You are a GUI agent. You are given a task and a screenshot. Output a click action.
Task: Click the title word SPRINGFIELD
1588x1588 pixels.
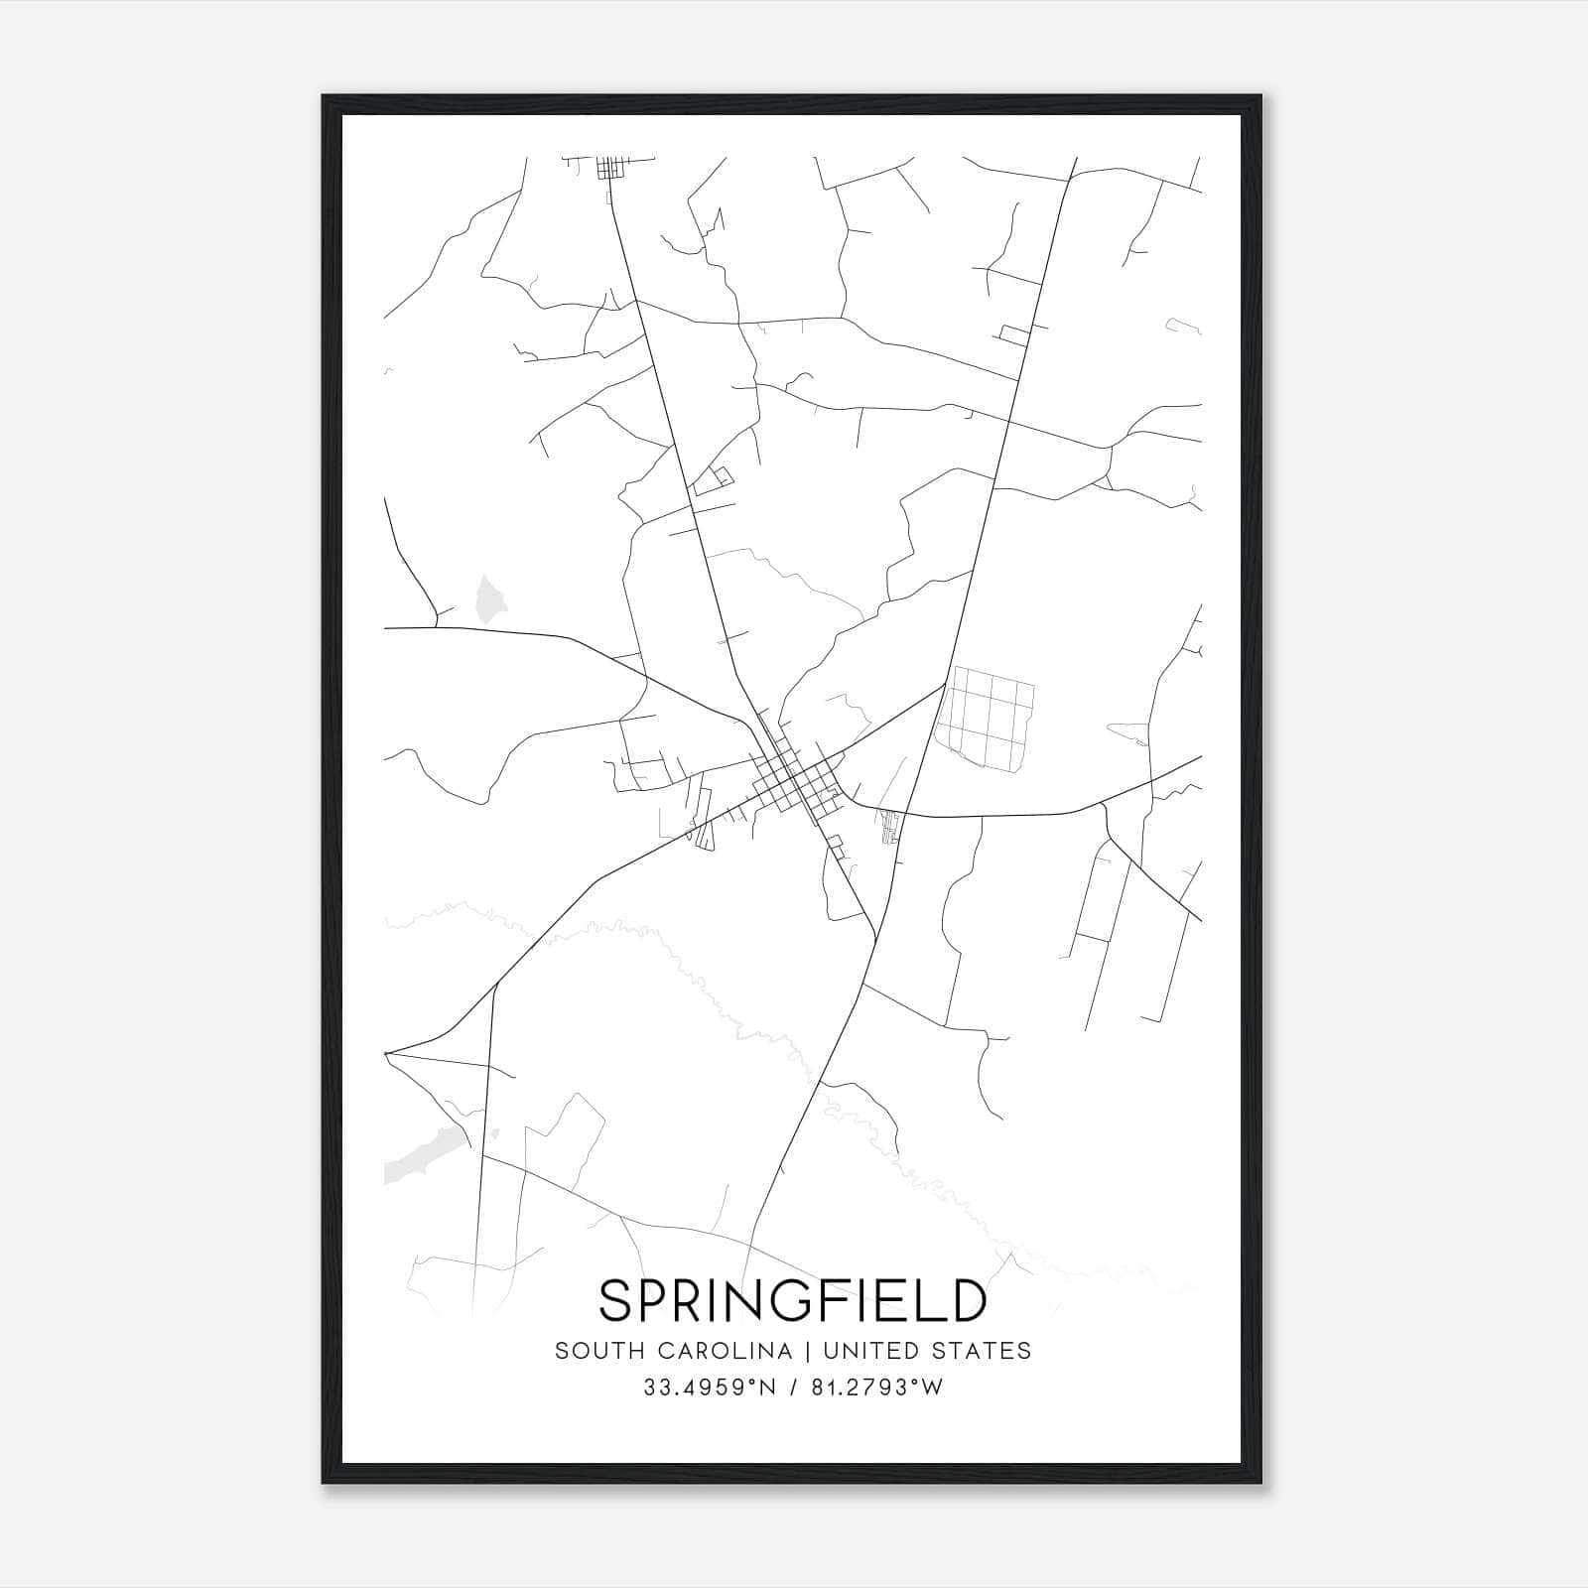tap(793, 1300)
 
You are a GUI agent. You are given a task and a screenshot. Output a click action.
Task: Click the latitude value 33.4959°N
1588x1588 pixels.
tap(709, 1388)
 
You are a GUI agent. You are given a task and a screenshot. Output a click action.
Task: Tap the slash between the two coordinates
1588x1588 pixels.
tap(792, 1388)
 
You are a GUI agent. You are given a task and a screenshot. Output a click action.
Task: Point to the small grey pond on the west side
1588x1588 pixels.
tap(489, 598)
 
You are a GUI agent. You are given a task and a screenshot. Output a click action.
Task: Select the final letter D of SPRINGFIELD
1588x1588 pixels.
tap(968, 1300)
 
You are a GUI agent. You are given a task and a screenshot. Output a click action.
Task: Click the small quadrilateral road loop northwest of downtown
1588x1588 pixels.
tap(712, 481)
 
